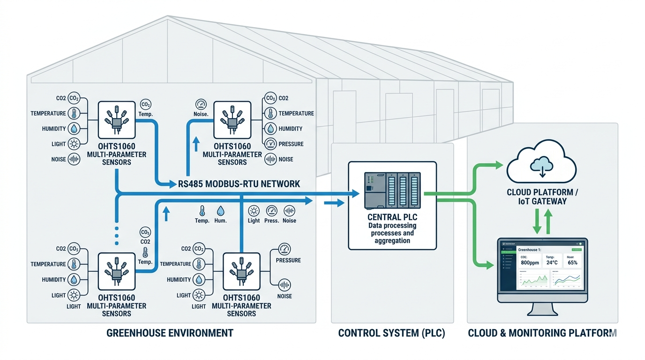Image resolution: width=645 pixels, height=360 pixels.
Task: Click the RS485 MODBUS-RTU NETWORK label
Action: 239,184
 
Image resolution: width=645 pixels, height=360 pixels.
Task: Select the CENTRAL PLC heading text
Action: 392,217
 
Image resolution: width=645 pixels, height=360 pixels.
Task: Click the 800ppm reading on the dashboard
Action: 530,263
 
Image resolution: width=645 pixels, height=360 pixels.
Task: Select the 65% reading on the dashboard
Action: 573,263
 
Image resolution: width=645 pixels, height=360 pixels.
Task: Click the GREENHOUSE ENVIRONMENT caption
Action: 170,333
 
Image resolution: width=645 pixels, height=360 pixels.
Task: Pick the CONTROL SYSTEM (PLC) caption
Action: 391,333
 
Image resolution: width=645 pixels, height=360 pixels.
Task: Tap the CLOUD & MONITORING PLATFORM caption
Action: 542,333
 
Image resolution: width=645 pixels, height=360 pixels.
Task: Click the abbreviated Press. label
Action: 271,221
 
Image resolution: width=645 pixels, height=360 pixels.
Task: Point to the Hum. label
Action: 220,221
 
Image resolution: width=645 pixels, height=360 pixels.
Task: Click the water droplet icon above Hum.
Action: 220,211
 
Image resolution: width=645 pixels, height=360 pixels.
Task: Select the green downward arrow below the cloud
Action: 537,222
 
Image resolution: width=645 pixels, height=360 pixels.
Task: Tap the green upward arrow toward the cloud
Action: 548,222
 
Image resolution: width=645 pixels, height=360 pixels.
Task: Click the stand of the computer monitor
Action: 542,309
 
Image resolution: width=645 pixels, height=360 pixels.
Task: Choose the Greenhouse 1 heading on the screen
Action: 530,250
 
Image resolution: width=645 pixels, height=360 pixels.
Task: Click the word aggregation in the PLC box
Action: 392,240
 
